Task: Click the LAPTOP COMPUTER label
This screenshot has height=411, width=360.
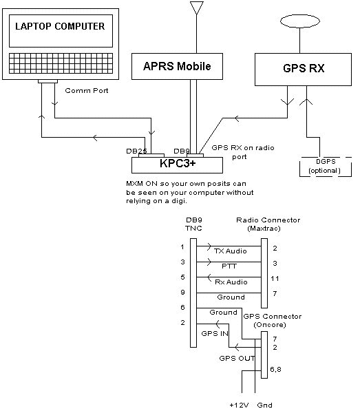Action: tap(60, 26)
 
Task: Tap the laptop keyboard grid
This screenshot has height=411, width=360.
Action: tap(61, 63)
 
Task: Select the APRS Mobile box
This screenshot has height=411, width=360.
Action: tap(177, 66)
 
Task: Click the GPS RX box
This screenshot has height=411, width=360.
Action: tap(303, 70)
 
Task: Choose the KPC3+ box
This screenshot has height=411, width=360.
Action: tap(177, 165)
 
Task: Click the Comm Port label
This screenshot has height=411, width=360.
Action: tap(87, 91)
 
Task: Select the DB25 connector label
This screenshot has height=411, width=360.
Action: tap(136, 151)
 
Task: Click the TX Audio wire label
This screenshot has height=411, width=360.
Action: tap(231, 251)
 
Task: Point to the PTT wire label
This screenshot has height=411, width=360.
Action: tap(229, 266)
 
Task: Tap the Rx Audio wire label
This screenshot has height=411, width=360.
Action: tap(231, 282)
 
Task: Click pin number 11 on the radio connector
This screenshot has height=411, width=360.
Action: tap(275, 278)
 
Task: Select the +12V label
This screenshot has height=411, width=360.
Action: tap(240, 405)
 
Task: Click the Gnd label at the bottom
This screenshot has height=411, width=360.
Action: tap(264, 405)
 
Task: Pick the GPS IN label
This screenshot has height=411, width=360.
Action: tap(215, 334)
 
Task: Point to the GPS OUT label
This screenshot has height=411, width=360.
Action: tap(237, 358)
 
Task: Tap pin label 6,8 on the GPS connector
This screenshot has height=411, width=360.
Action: tap(275, 370)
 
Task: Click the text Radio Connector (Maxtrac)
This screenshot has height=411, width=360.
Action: tap(268, 224)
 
